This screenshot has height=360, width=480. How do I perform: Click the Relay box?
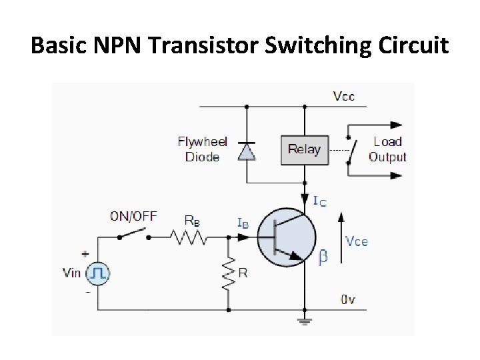pos(304,149)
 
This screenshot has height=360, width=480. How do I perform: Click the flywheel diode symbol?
pos(247,151)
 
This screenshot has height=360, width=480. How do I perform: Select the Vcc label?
pos(344,96)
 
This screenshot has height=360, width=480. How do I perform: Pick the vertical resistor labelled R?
pos(229,273)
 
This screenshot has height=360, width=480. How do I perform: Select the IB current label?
pos(243,223)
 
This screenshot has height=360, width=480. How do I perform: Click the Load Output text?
pos(387,149)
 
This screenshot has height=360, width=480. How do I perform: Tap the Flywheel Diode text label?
pos(202,149)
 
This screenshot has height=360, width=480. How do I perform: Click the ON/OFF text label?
pos(133,216)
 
